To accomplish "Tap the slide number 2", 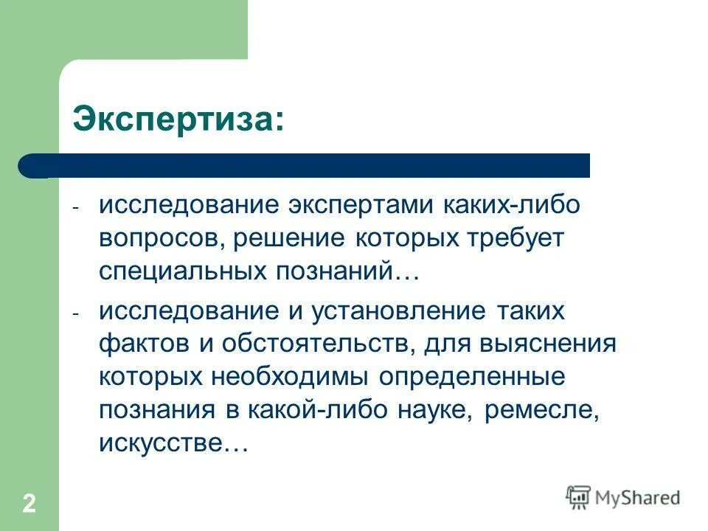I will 29,505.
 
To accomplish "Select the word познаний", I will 337,271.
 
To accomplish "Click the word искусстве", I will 172,443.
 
